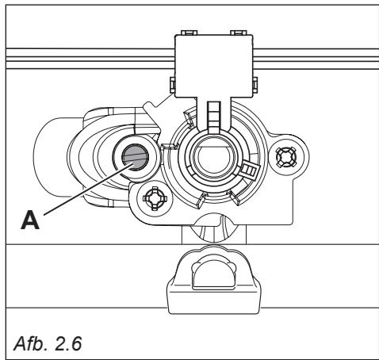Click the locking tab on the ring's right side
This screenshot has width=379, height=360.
pyautogui.click(x=248, y=168)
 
